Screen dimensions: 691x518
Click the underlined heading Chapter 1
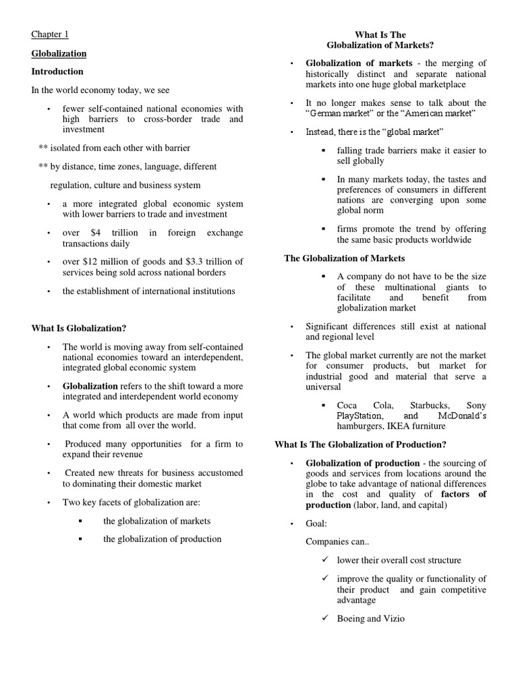pos(50,34)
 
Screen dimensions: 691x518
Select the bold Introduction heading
pos(57,72)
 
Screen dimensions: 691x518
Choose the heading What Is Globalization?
pos(79,328)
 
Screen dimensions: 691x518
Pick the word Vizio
pos(393,618)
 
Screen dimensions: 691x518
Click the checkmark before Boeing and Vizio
pos(324,617)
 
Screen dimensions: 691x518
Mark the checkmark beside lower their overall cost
pos(324,560)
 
